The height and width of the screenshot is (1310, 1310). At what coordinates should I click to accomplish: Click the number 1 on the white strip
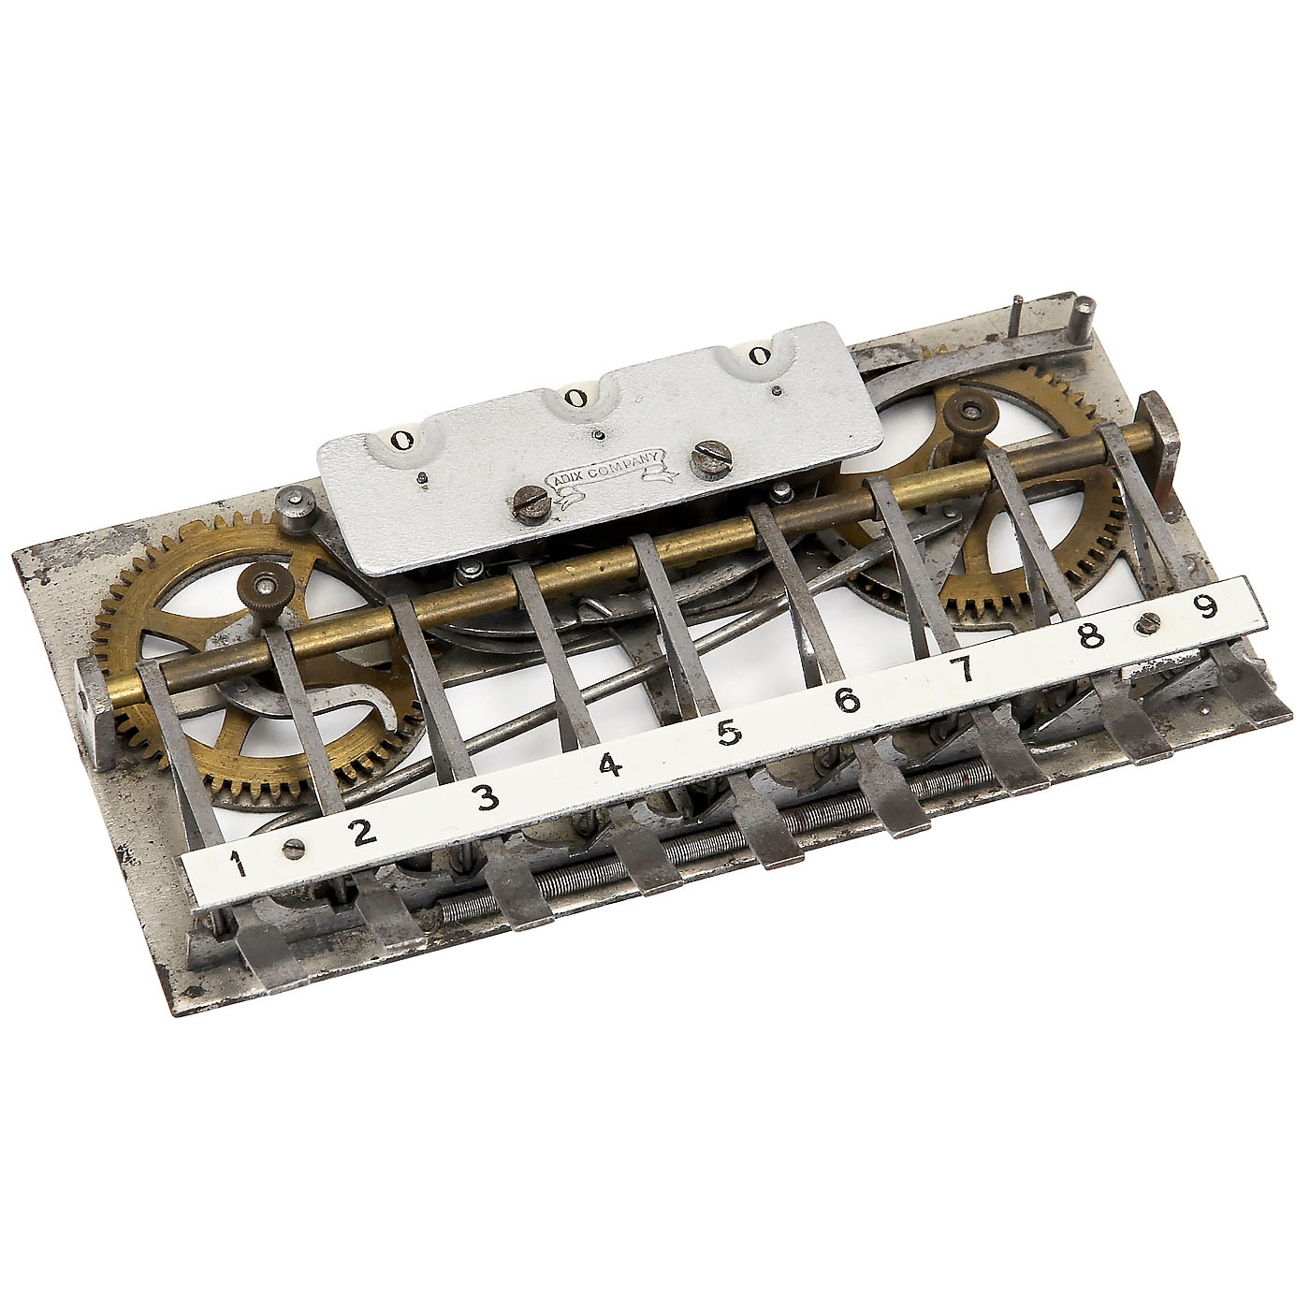coord(238,864)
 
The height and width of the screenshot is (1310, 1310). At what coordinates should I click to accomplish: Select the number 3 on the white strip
coord(488,797)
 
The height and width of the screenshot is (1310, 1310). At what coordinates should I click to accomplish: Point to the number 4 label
coord(610,765)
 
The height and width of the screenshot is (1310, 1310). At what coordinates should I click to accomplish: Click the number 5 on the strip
coord(729,733)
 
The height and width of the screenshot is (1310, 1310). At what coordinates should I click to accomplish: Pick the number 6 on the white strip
coord(847,700)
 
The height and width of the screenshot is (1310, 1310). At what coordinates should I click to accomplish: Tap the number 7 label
coord(964,670)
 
